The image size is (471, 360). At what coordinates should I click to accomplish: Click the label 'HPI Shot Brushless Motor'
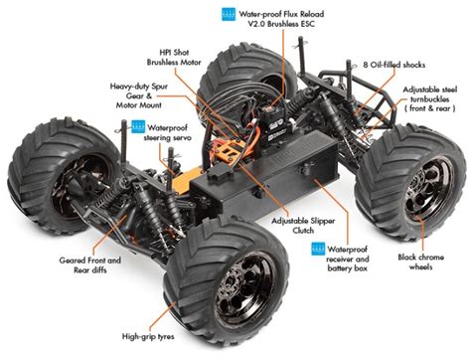tap(185, 55)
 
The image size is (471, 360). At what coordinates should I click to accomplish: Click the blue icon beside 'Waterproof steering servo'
tap(137, 128)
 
